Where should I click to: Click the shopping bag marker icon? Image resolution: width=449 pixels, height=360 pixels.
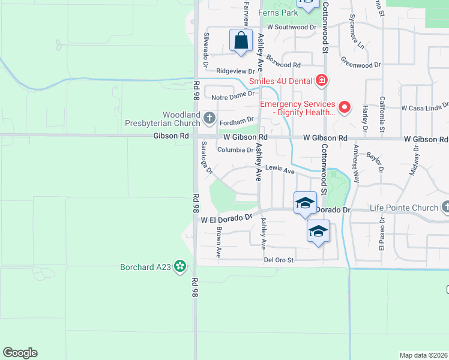point(241,41)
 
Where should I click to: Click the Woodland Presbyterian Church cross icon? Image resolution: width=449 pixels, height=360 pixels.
point(209,118)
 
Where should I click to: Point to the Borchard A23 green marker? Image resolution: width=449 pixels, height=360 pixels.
point(179,267)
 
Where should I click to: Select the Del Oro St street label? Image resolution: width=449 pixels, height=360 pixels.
point(279,260)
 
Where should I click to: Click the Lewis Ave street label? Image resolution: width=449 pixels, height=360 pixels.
point(280,171)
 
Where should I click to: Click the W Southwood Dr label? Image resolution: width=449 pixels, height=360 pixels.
point(292,27)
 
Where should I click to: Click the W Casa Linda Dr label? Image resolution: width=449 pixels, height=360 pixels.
point(425,108)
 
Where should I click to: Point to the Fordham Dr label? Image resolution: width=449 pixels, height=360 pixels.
point(238,119)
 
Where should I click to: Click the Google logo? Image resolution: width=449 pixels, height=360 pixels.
point(20,353)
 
